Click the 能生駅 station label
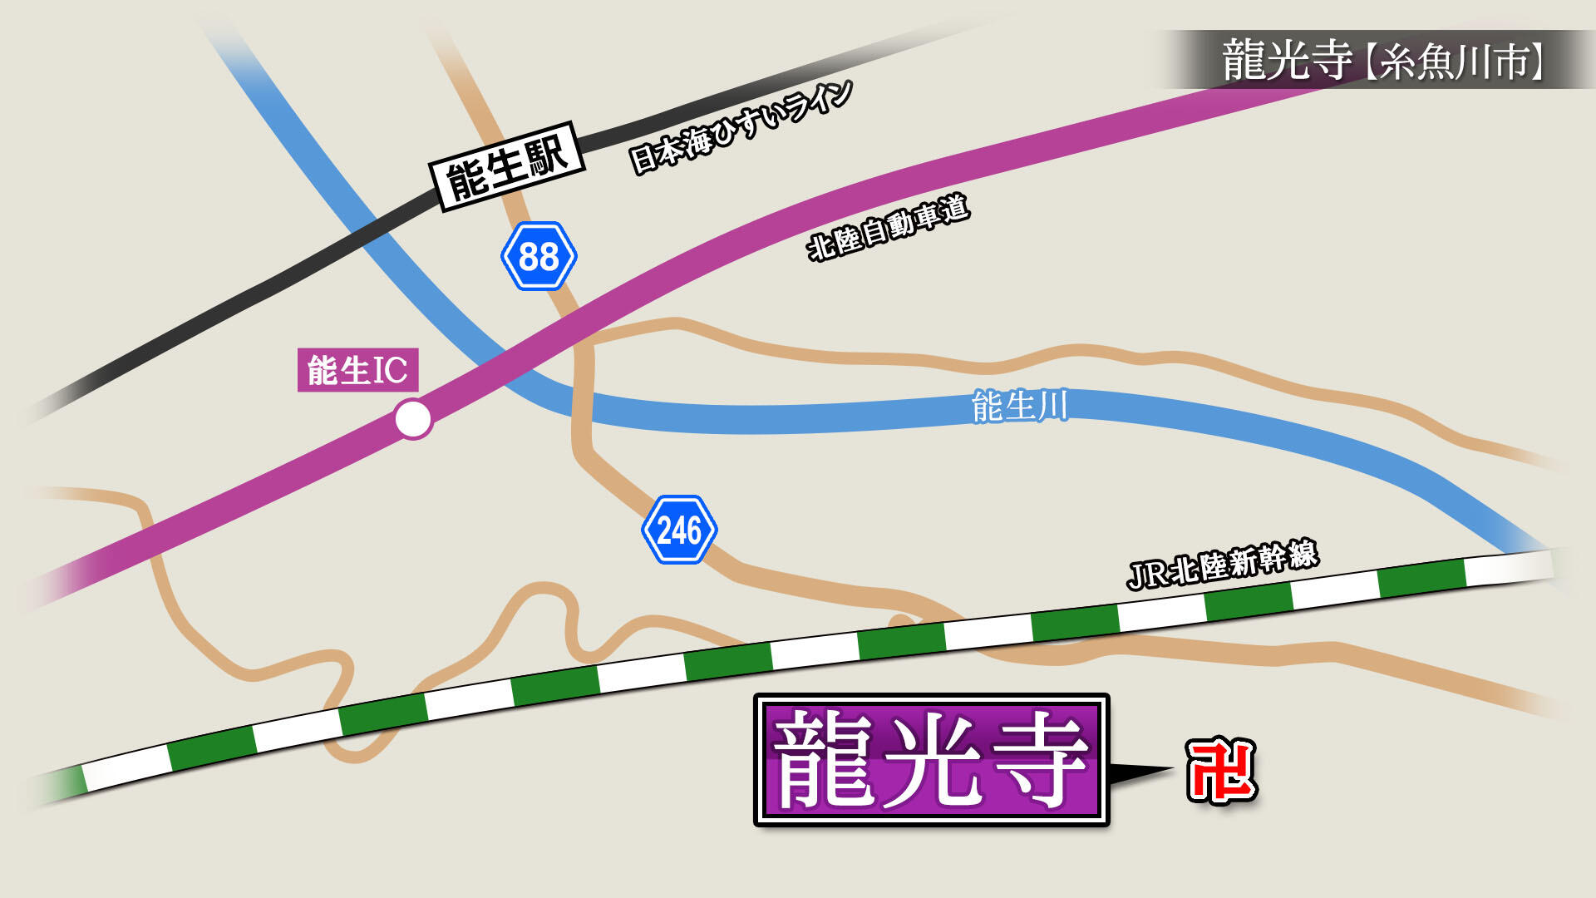click(507, 166)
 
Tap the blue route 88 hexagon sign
click(539, 256)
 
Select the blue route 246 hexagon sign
click(679, 530)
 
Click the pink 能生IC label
click(357, 370)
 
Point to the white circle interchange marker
click(413, 419)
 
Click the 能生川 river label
click(1019, 407)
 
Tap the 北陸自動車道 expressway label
click(888, 227)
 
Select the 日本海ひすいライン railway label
click(741, 126)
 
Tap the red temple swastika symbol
click(1220, 771)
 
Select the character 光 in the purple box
click(931, 760)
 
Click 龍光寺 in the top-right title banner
click(1287, 60)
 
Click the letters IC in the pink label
click(390, 371)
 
